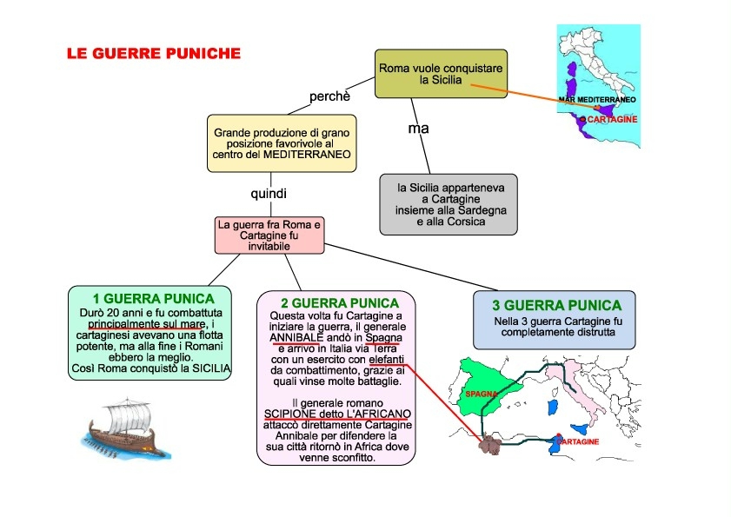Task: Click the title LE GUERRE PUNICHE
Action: point(154,54)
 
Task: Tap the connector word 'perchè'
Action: point(329,96)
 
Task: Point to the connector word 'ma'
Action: point(419,128)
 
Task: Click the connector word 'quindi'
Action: point(268,193)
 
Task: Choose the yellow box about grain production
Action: point(280,143)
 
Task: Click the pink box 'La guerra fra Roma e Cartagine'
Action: point(269,235)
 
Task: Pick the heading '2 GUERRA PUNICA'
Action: point(336,302)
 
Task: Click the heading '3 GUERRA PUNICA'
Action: point(556,305)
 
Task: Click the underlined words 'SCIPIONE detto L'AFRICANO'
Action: point(338,414)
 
